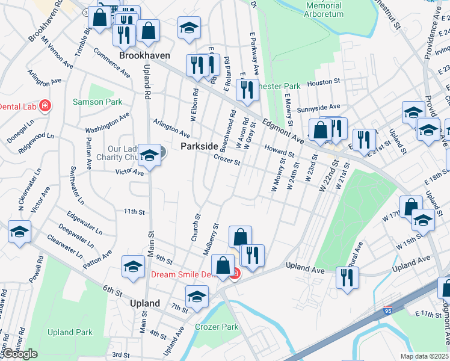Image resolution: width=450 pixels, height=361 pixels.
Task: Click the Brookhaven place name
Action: (144, 55)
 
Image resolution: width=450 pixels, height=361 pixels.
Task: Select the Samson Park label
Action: (97, 102)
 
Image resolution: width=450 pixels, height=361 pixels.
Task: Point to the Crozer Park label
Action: (217, 327)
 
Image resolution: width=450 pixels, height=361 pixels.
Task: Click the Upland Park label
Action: (70, 332)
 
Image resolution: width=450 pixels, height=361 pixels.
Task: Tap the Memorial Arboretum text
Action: (324, 9)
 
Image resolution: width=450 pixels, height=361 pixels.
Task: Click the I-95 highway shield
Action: (389, 312)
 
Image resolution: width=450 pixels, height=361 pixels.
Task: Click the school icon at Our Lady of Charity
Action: (149, 156)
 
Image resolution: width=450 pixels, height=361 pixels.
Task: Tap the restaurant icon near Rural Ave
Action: (347, 277)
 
